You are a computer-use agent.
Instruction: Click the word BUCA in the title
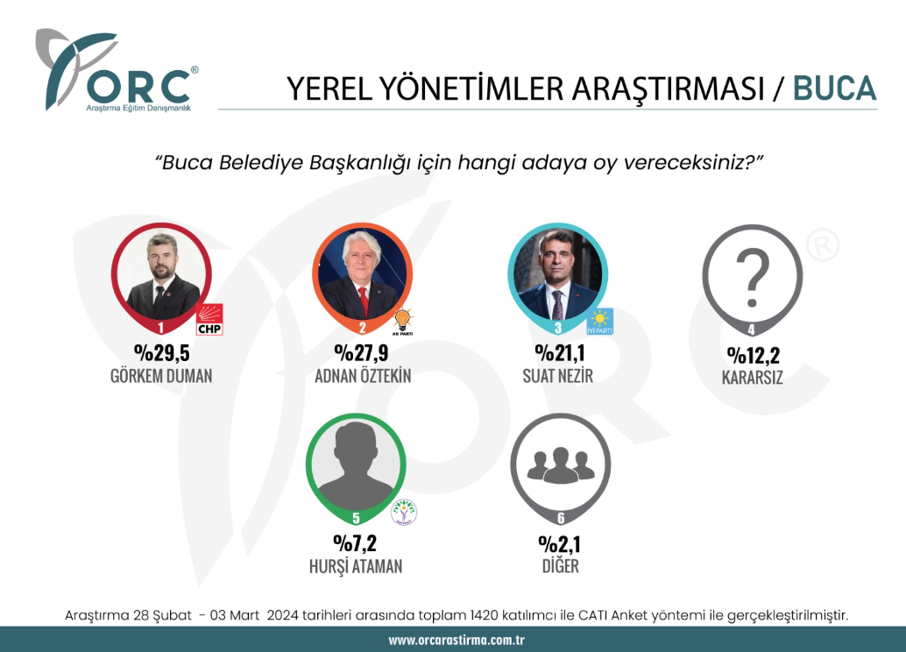coord(834,89)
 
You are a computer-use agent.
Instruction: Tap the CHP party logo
coord(209,320)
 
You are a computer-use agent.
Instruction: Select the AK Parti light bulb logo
coord(403,322)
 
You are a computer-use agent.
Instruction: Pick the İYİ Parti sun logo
coord(599,322)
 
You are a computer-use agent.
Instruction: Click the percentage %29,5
coord(162,352)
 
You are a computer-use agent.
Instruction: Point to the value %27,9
coord(361,352)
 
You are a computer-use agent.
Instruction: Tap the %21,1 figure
coord(559,352)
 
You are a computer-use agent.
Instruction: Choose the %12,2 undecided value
coord(753,355)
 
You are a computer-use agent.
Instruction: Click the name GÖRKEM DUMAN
coord(161,376)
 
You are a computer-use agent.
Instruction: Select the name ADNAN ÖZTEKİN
coord(363,376)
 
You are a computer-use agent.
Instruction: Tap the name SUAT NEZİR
coord(557,376)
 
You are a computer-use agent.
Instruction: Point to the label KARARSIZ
coord(753,378)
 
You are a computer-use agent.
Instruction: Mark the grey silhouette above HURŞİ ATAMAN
coord(356,466)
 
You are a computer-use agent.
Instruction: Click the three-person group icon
coord(561,465)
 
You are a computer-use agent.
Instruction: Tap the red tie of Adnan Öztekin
coord(363,301)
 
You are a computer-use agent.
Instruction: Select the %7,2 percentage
coord(355,543)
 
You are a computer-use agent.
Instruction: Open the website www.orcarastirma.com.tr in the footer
coord(457,640)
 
